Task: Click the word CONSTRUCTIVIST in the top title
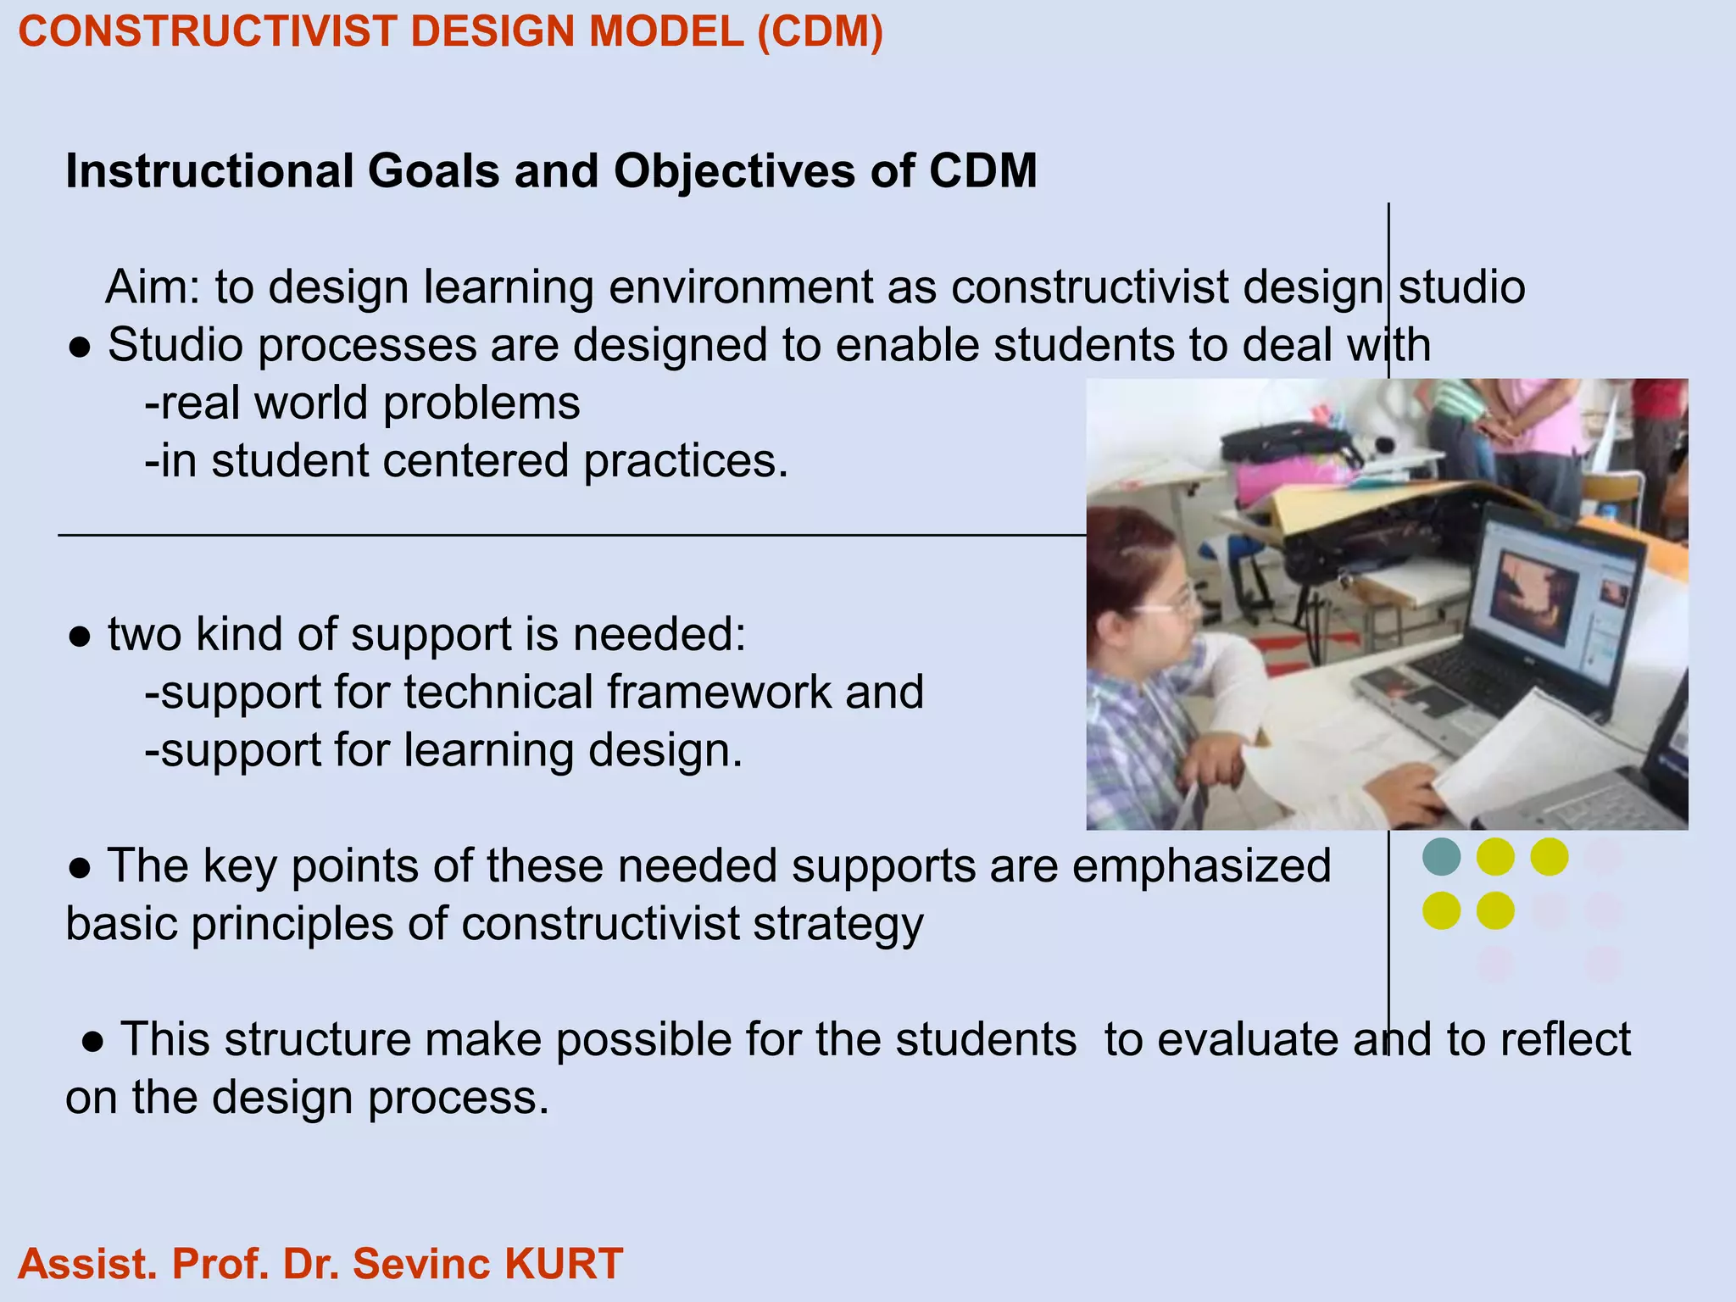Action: pyautogui.click(x=208, y=32)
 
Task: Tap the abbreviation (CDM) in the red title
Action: pyautogui.click(x=820, y=32)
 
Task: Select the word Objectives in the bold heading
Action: pyautogui.click(x=734, y=171)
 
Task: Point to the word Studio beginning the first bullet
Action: pyautogui.click(x=175, y=345)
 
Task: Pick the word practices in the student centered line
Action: pyautogui.click(x=685, y=461)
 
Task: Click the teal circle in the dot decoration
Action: pyautogui.click(x=1441, y=856)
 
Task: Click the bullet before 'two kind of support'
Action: pyautogui.click(x=80, y=637)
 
